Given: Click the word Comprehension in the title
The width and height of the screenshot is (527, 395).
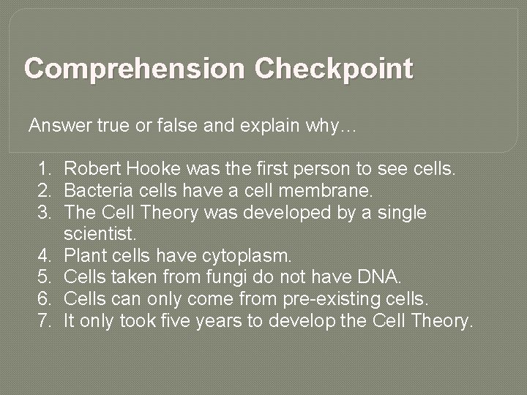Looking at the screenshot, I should click(137, 71).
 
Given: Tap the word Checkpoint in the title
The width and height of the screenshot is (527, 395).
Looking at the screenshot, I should click(335, 71).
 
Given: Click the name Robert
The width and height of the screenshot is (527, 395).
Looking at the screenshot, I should click(91, 170).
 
